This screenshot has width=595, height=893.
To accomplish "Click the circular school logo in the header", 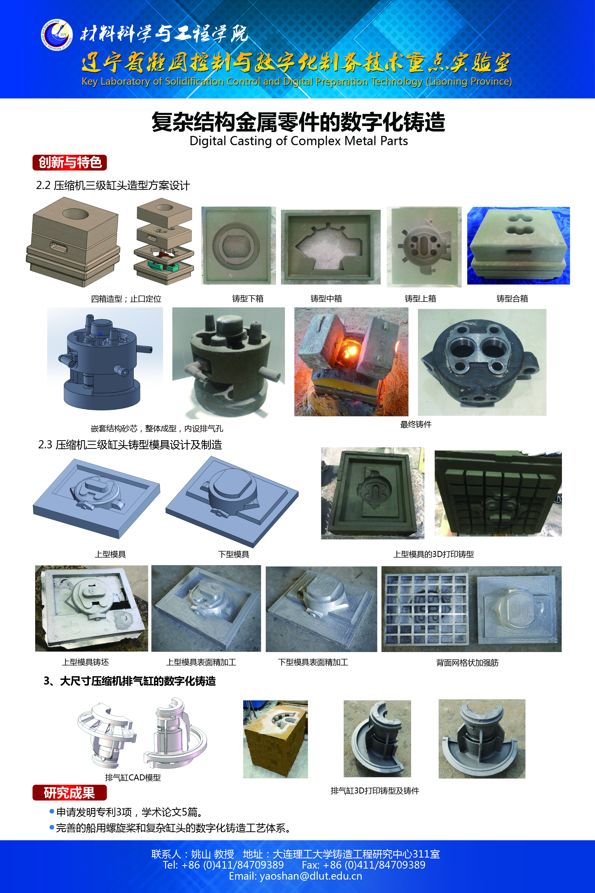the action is click(x=57, y=35).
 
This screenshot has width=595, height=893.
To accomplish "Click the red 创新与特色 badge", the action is click(x=70, y=162).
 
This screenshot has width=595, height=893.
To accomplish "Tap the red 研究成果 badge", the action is click(x=70, y=793).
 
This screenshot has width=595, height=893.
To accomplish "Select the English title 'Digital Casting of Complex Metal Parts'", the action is click(x=299, y=141).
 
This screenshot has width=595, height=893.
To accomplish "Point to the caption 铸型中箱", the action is click(x=326, y=299).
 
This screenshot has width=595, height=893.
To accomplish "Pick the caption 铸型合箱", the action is click(x=512, y=299).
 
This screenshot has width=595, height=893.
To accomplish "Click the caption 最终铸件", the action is click(x=416, y=424).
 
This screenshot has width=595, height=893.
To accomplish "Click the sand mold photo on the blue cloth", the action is click(x=518, y=246).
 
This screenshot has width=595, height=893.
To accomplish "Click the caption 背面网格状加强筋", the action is click(x=467, y=663).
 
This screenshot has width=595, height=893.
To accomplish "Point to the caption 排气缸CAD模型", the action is click(x=133, y=778).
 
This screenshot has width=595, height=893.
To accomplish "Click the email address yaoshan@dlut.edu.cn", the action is click(x=296, y=876).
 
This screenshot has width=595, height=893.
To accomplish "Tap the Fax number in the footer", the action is click(x=364, y=865).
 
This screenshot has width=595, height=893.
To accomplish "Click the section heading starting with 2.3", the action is click(x=130, y=445).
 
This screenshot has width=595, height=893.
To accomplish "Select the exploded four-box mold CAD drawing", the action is click(x=164, y=241).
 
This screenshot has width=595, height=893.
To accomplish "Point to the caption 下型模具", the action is click(x=234, y=554).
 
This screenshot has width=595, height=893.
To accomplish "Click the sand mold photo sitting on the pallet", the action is click(x=275, y=739).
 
